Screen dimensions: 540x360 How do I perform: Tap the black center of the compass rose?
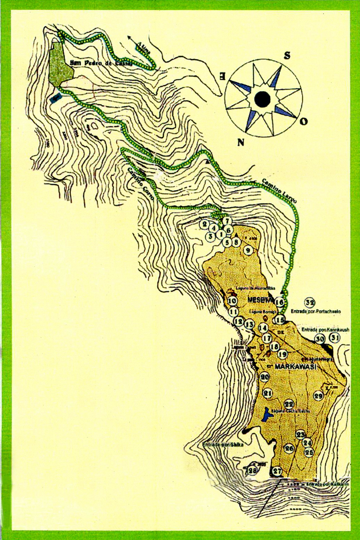(x=262, y=98)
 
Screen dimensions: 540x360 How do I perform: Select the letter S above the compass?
(x=287, y=56)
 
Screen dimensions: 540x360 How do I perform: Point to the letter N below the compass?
(x=239, y=142)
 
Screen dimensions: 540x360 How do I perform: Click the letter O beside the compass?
(x=304, y=121)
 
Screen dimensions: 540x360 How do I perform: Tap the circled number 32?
(x=310, y=302)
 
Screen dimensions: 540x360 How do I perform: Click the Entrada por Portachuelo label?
(x=316, y=312)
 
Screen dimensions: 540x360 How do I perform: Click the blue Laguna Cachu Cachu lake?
(x=266, y=415)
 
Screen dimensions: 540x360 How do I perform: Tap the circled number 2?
(x=205, y=224)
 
